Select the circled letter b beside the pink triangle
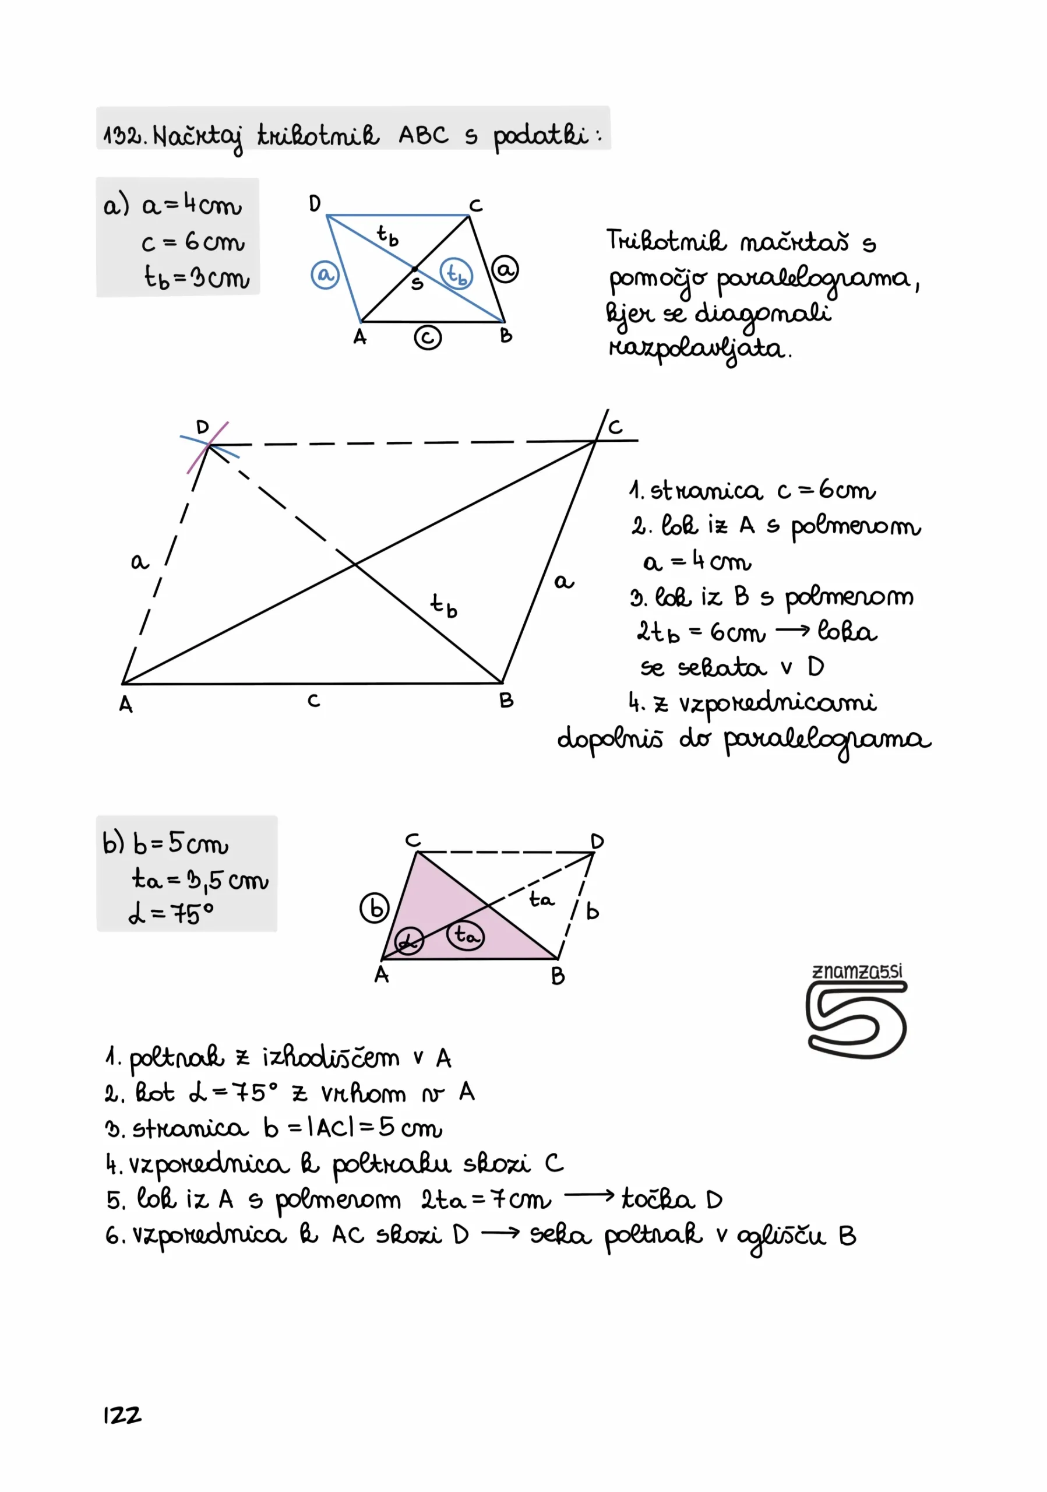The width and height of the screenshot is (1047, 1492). tap(375, 908)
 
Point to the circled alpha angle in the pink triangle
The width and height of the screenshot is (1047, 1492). tap(408, 940)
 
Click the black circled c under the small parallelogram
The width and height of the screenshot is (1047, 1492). tap(428, 338)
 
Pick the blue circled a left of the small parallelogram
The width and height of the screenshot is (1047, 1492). tap(325, 275)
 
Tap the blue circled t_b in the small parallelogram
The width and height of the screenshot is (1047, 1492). tap(457, 273)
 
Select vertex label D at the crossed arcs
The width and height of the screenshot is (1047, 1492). tap(203, 427)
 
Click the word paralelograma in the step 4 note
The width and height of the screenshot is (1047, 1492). tap(827, 740)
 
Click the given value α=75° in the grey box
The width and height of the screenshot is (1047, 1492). tap(171, 914)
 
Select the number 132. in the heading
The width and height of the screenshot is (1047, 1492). tap(125, 136)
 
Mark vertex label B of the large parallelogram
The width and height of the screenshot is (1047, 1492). tap(506, 701)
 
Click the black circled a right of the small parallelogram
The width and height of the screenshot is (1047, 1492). tap(505, 269)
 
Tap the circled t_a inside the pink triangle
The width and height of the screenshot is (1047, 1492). tap(465, 936)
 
